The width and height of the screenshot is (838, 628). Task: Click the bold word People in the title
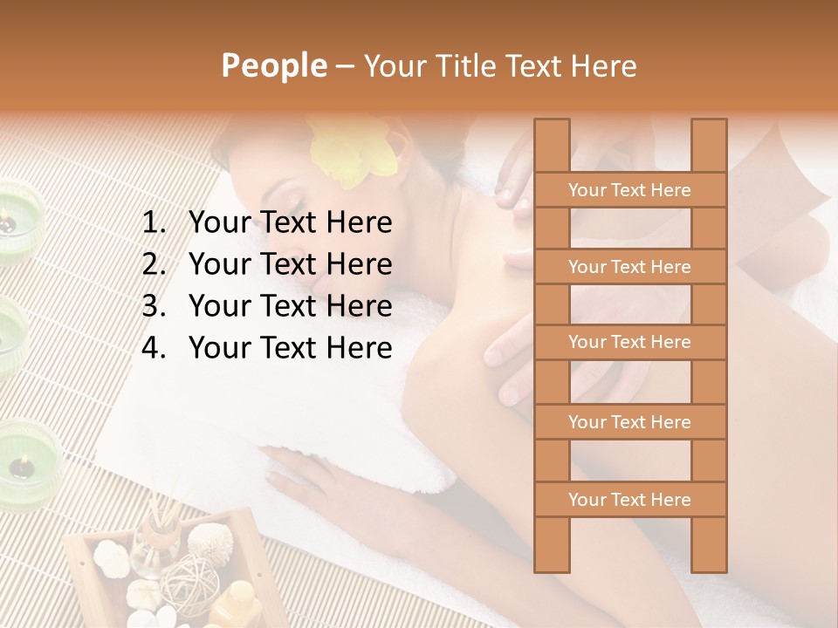click(x=273, y=65)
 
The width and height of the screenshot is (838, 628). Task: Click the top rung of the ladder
click(x=629, y=190)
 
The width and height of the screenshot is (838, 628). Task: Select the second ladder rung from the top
click(x=629, y=267)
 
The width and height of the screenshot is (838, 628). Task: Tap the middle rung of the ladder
click(x=629, y=342)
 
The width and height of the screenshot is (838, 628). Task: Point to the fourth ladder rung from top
click(x=629, y=422)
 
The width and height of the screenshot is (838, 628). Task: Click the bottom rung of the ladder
click(x=629, y=500)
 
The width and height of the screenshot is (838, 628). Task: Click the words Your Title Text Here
click(x=499, y=65)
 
